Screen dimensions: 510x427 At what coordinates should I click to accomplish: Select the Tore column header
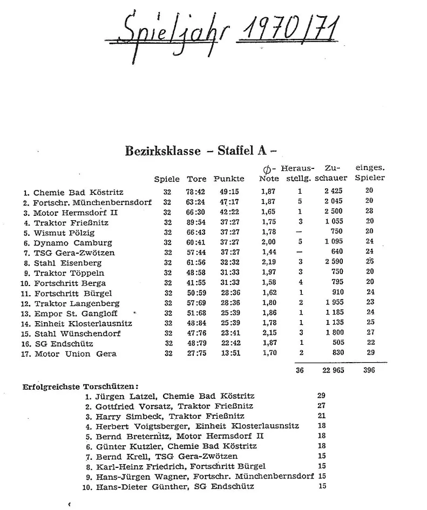pos(196,179)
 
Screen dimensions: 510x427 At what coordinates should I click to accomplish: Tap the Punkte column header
pos(229,179)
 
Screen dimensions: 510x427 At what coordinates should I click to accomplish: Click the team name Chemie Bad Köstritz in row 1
pos(78,192)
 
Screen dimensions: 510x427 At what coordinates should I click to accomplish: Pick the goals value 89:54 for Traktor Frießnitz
pos(196,222)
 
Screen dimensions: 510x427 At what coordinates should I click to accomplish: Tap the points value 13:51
pos(229,354)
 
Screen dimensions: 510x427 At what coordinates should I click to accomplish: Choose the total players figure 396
pos(369,371)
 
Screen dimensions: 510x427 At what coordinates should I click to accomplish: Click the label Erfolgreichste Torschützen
pos(80,386)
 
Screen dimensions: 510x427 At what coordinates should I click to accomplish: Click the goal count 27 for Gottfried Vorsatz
pos(322,406)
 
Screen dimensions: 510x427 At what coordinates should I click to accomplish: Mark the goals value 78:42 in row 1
pos(196,192)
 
